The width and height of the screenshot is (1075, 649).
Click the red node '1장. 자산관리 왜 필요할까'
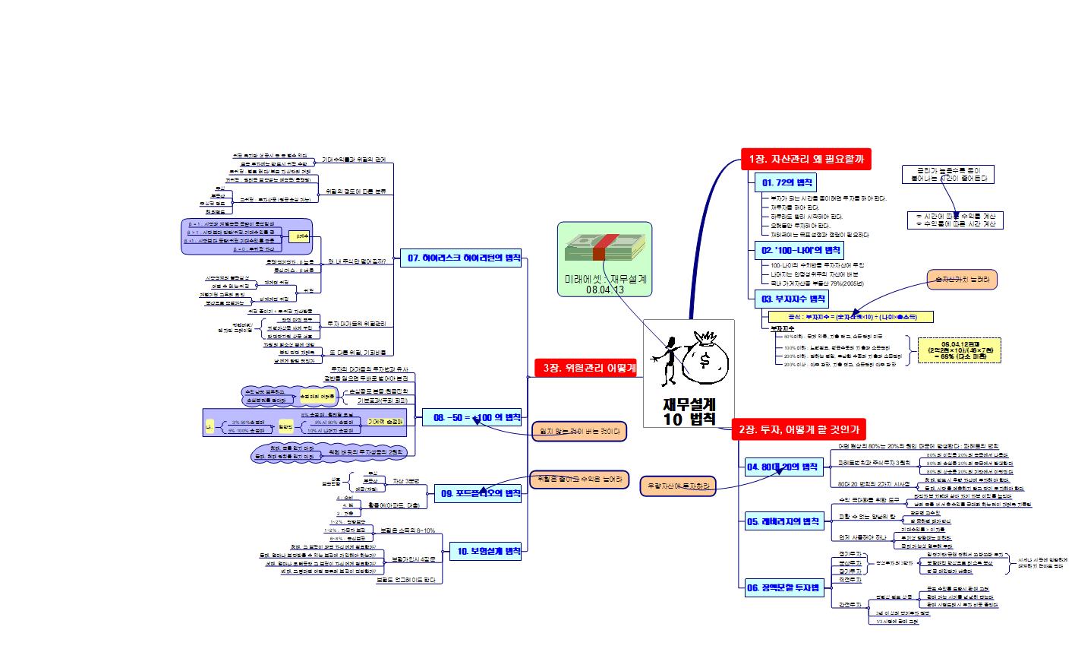[x=805, y=159]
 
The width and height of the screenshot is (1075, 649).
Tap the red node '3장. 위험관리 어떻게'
[x=585, y=368]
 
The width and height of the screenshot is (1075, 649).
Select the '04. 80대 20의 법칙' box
[x=782, y=467]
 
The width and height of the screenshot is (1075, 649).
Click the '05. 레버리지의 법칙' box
[x=783, y=521]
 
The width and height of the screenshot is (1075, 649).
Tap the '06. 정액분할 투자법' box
[x=782, y=587]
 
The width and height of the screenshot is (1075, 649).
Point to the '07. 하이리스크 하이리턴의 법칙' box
[x=464, y=258]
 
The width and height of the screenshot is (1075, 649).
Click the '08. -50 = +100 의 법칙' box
[x=477, y=417]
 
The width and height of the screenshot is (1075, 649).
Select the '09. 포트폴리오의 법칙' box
[x=481, y=493]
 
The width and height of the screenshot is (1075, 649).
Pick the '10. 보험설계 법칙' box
[x=485, y=552]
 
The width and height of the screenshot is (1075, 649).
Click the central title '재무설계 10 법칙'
[x=689, y=411]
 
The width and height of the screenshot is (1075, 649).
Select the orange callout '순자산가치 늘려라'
[x=961, y=280]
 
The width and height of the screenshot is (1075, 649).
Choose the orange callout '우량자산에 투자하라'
[x=678, y=484]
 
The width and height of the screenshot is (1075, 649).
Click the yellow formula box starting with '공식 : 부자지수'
[x=850, y=316]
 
